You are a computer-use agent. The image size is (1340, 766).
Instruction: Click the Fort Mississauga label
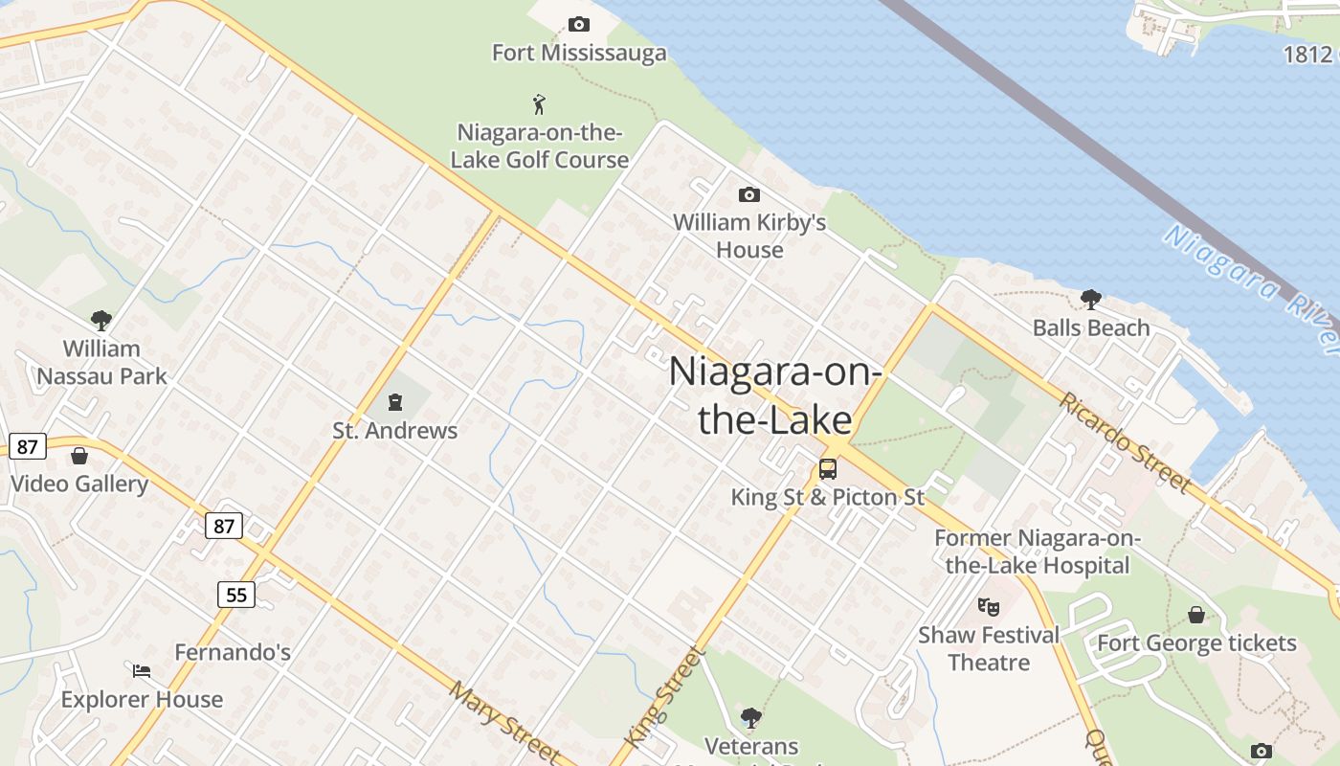click(x=579, y=53)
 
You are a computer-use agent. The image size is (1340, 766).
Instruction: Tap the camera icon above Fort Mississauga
click(x=578, y=24)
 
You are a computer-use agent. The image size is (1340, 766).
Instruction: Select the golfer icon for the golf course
click(x=540, y=103)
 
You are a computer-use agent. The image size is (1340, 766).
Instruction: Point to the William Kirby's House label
click(x=749, y=236)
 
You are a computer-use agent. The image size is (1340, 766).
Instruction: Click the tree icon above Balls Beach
click(x=1090, y=300)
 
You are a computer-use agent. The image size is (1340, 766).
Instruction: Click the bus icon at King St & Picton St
click(x=828, y=469)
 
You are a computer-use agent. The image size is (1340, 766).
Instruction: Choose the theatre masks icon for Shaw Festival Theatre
click(x=989, y=605)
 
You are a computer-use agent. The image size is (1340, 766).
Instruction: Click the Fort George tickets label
click(x=1196, y=642)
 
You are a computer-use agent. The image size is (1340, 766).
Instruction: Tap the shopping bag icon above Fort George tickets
click(x=1196, y=615)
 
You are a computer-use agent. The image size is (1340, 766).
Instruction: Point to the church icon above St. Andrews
click(x=395, y=401)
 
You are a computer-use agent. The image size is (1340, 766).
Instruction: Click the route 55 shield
click(x=235, y=595)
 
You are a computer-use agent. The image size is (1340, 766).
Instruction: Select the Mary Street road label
click(x=503, y=720)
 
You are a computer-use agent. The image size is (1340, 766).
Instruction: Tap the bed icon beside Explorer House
click(x=142, y=670)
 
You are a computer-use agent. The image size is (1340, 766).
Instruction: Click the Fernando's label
click(x=233, y=652)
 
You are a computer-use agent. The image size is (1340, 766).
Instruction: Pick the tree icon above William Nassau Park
click(x=101, y=320)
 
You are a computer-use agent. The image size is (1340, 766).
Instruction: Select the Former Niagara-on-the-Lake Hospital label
click(x=1038, y=552)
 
